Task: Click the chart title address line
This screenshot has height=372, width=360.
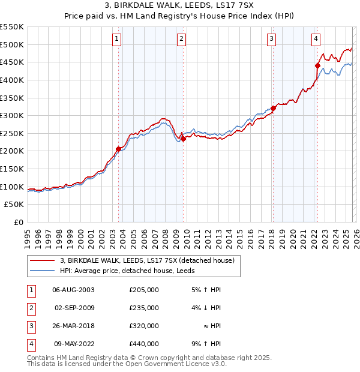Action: (179, 6)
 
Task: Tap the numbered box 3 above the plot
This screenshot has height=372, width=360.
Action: (272, 40)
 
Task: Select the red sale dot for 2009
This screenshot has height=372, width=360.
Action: (183, 139)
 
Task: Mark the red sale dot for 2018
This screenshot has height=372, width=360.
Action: (273, 109)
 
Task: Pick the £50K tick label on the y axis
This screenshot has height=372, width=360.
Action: (14, 205)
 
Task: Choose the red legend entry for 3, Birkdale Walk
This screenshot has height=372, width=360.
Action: (150, 260)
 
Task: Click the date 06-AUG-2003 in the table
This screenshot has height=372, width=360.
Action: (73, 290)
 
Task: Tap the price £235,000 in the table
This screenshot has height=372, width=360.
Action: (143, 308)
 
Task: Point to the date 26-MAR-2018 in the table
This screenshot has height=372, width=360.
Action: (73, 326)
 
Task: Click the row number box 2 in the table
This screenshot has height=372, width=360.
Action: (31, 308)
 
